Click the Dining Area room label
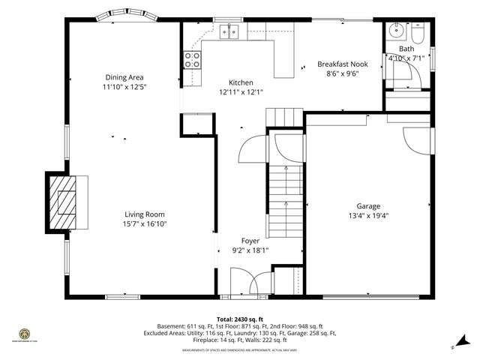tap(124, 77)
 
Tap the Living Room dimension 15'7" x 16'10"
tap(145, 223)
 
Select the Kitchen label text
tap(241, 82)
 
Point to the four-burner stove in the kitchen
tap(193, 59)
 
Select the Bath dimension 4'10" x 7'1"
tap(406, 58)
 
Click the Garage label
tap(368, 206)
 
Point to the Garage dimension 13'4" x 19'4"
tap(368, 216)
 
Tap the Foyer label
tap(250, 241)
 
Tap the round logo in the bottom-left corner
tap(23, 333)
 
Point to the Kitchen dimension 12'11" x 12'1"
tap(241, 92)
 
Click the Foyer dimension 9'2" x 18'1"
tap(250, 250)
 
